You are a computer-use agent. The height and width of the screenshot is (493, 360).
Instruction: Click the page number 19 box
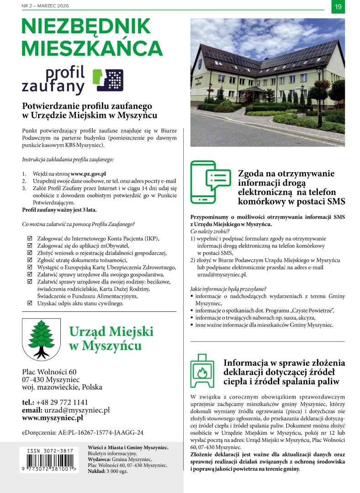[338, 6]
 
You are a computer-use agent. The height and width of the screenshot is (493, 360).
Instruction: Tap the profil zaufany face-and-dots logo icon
[108, 80]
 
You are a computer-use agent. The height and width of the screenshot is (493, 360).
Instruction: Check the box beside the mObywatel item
[30, 246]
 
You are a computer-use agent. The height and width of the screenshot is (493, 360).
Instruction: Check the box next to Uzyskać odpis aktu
[30, 303]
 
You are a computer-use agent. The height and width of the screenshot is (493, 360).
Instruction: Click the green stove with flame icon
[202, 370]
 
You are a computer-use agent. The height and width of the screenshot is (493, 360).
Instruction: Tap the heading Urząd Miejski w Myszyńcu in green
[105, 338]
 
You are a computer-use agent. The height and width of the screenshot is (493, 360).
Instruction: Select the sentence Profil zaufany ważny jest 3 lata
[59, 210]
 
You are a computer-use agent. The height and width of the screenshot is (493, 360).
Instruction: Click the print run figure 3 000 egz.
[116, 471]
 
